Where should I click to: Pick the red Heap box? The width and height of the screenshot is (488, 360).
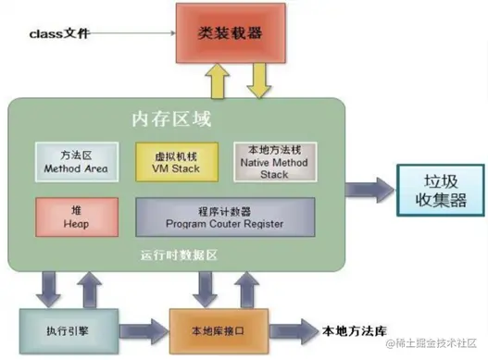pyautogui.click(x=75, y=216)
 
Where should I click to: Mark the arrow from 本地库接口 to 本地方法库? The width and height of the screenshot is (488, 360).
pyautogui.click(x=282, y=330)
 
